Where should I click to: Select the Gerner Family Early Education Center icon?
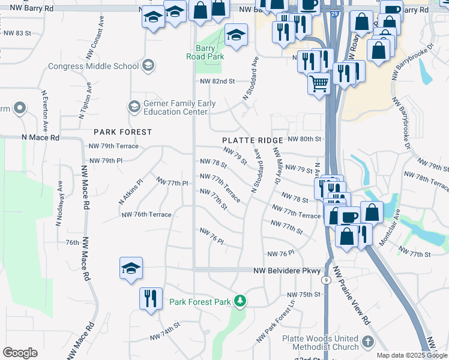(134, 107)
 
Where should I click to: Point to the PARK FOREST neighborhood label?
(122, 131)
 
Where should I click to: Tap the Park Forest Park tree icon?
(240, 300)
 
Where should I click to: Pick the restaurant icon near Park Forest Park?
(150, 298)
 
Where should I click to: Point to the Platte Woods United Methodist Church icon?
(368, 343)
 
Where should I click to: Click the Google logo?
(19, 353)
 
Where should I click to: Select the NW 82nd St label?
(217, 80)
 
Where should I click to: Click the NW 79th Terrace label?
(113, 146)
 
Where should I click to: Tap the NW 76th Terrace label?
(146, 214)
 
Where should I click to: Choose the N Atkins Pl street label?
(131, 191)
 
